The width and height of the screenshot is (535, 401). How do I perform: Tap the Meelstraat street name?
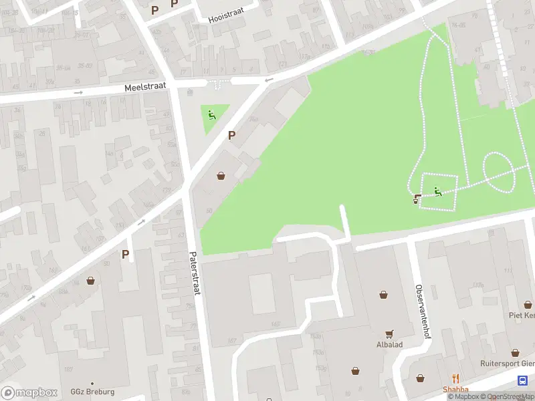[x=144, y=88]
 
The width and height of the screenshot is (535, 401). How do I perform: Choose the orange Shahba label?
[x=455, y=390]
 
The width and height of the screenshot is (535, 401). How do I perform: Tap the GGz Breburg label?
[x=92, y=392]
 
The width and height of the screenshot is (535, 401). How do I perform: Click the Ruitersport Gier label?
[x=507, y=364]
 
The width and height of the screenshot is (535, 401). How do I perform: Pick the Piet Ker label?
[x=521, y=315]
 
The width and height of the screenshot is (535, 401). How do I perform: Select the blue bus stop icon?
[x=522, y=380]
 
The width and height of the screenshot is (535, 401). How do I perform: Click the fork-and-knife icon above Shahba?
[x=455, y=379]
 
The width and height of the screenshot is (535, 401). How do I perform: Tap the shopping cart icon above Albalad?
[x=389, y=334]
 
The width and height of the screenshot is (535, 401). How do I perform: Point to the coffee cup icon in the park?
[x=417, y=198]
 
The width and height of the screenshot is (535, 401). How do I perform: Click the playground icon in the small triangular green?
[x=212, y=115]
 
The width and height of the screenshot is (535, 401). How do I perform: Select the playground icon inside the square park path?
[x=438, y=192]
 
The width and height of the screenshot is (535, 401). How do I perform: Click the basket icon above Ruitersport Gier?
[x=516, y=353]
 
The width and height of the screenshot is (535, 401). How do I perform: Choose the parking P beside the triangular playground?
[x=231, y=135]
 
